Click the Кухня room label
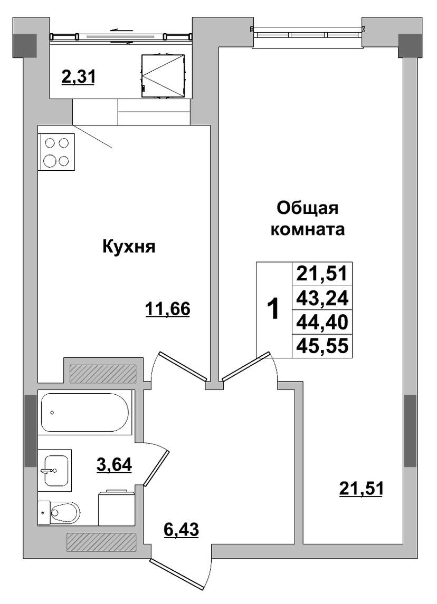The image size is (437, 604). click(x=129, y=247)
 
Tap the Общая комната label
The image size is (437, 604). click(x=307, y=219)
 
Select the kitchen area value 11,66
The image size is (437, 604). click(x=168, y=309)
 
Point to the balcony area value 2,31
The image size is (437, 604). click(x=78, y=77)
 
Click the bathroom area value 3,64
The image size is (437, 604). click(x=114, y=464)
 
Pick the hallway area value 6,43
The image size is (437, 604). click(x=181, y=530)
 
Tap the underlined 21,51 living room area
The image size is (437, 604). click(x=362, y=489)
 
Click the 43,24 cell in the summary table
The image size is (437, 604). click(x=322, y=298)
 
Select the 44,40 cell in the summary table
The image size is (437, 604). click(x=322, y=322)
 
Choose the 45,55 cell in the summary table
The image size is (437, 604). click(x=322, y=346)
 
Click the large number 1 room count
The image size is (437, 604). click(x=273, y=309)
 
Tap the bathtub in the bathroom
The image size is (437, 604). click(x=85, y=413)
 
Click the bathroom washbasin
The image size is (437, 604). click(x=55, y=470)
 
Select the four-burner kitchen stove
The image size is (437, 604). click(x=56, y=152)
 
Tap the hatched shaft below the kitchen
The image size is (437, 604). click(x=103, y=373)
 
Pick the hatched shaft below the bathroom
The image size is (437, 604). click(x=101, y=542)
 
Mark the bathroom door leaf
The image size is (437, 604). click(x=156, y=468)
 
